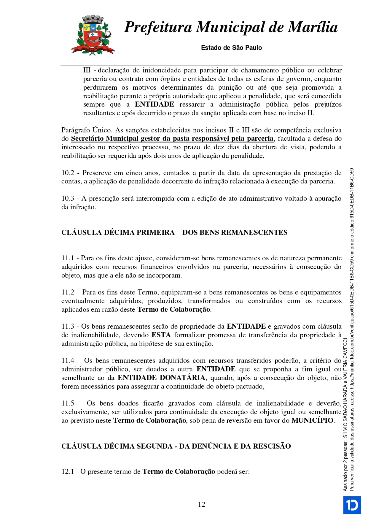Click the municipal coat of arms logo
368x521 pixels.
(93, 35)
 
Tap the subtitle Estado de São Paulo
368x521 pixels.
(231, 48)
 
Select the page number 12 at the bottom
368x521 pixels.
(201, 504)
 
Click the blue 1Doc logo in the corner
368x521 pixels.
(352, 505)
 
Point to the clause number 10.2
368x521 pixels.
(68, 173)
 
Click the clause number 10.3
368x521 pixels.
(68, 199)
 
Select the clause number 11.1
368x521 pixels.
(68, 258)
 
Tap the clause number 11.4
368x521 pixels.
(68, 361)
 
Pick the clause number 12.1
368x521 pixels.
(68, 472)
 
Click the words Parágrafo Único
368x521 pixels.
(87, 130)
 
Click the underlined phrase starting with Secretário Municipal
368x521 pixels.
(172, 139)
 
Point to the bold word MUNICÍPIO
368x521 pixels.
(313, 421)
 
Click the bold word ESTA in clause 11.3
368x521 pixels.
(161, 335)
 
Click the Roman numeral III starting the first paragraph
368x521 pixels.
(87, 70)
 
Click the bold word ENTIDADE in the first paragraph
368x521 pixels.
(154, 104)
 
